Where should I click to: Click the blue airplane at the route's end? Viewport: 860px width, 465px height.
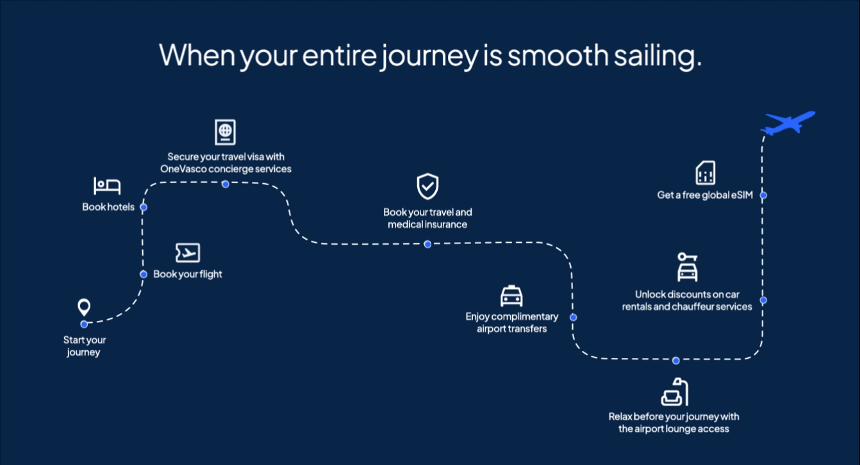788,124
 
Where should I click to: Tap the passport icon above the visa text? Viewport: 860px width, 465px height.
226,133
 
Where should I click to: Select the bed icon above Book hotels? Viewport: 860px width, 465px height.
107,186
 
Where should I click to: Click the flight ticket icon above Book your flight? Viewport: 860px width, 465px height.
188,253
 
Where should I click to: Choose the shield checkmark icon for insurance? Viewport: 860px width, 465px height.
427,186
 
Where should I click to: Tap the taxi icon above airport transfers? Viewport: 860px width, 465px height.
511,296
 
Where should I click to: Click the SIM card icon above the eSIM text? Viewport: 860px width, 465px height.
706,173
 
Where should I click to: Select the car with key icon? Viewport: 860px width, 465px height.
687,267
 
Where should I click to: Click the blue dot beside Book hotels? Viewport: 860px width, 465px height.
144,207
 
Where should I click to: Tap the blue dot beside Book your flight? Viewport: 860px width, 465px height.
144,274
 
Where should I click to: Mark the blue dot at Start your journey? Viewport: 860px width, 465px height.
84,324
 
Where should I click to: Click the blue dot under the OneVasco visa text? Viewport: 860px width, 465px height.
226,184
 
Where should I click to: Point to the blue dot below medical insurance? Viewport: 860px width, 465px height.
427,245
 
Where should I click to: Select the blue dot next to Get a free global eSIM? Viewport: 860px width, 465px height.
763,195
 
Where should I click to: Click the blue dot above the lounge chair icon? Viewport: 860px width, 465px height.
676,361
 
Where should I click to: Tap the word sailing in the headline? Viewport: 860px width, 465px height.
657,56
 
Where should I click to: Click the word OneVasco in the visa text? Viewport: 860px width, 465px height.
183,169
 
